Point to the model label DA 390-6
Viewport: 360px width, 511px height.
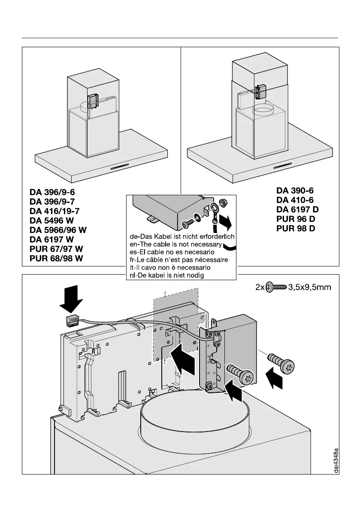click(296, 190)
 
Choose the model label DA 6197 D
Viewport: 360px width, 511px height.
click(297, 210)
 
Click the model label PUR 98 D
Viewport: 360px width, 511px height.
click(296, 229)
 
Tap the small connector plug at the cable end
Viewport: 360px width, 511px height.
click(72, 320)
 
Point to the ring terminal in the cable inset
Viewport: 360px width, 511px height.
click(212, 212)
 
